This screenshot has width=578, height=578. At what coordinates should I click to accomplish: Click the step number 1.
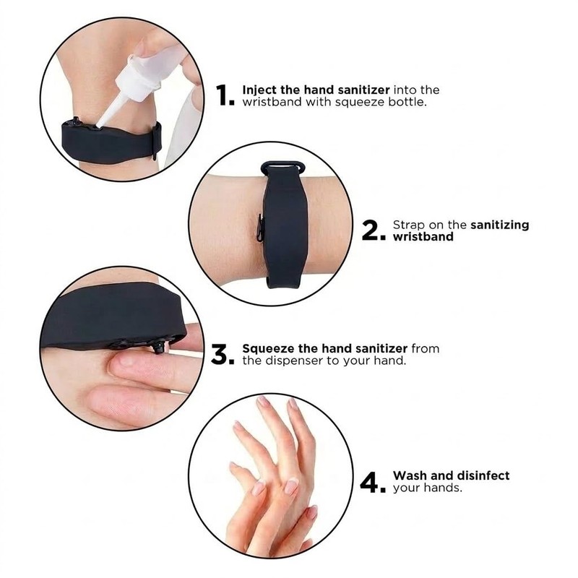point(225,95)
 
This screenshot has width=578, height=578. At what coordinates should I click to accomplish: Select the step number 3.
point(222,355)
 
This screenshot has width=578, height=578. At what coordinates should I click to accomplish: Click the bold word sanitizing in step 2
point(499,225)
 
